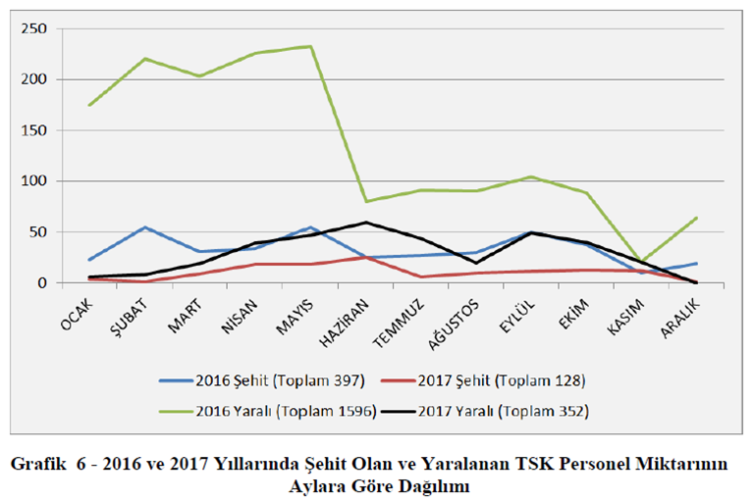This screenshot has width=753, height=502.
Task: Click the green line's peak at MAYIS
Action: pos(311,46)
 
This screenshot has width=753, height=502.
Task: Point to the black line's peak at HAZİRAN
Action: pos(366,223)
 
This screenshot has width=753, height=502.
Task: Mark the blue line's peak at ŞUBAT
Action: pos(145,227)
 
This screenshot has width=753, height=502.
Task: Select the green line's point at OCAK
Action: pos(90,105)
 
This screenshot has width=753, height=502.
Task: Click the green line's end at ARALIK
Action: pos(696,218)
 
